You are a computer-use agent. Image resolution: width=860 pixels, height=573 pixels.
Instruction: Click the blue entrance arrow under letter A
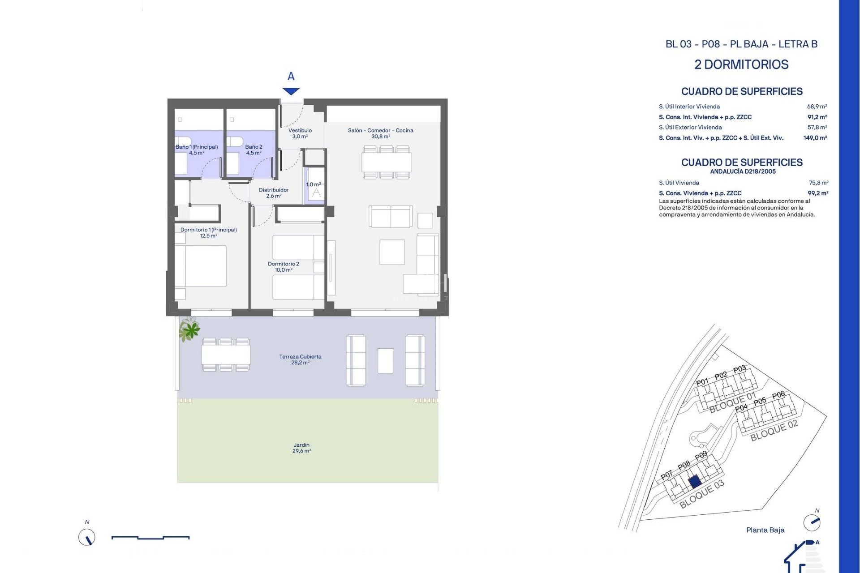click(291, 91)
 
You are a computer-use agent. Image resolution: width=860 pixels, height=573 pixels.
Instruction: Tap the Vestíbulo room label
click(300, 133)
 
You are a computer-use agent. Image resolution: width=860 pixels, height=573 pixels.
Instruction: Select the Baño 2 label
click(254, 150)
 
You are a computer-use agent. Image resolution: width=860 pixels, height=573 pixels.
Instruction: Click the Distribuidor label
click(274, 193)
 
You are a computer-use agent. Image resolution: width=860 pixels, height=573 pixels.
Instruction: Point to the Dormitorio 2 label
click(284, 267)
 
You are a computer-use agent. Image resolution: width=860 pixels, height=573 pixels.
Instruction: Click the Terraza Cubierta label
click(300, 359)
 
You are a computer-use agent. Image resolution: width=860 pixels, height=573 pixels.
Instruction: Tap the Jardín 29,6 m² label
click(301, 448)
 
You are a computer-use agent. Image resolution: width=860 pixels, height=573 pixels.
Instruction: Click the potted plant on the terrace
click(190, 330)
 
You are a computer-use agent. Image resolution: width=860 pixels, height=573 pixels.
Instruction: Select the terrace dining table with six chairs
click(226, 355)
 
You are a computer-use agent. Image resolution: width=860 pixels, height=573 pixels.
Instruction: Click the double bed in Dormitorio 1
click(202, 266)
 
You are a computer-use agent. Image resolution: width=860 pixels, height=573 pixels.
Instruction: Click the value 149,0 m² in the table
click(815, 138)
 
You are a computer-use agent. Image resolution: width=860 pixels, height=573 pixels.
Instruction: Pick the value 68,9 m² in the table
click(817, 107)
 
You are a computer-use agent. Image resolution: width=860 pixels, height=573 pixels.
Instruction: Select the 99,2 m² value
click(818, 193)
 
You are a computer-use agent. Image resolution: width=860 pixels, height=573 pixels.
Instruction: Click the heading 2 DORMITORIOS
click(741, 64)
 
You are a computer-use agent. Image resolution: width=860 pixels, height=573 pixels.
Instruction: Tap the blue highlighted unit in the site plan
click(694, 482)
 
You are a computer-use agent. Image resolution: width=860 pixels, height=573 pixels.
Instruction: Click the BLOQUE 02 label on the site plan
click(774, 431)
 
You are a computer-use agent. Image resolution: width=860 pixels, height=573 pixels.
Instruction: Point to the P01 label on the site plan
click(702, 382)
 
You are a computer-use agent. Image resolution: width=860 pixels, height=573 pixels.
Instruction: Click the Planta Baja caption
click(765, 530)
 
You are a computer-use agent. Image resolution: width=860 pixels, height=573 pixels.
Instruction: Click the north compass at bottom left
click(87, 537)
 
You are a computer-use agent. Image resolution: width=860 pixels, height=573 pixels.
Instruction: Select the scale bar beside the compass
click(150, 537)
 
